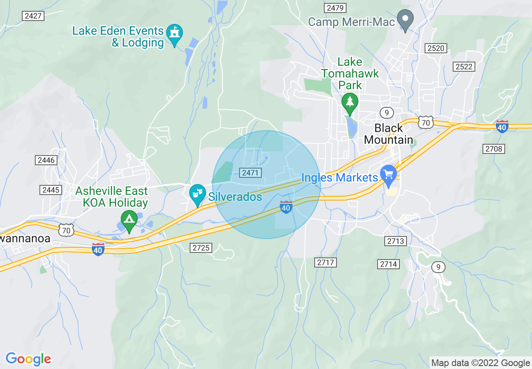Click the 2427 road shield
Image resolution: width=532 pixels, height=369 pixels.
[33, 16]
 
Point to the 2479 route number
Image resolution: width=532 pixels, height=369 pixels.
[334, 8]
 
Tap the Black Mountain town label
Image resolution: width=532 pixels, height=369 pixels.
[388, 134]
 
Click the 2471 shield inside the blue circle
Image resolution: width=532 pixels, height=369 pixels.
[250, 173]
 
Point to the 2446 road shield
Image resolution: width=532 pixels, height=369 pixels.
[46, 160]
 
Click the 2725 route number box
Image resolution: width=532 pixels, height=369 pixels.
[201, 248]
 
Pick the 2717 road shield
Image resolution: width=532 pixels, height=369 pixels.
[326, 262]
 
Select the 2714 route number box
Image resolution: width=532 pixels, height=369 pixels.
[389, 264]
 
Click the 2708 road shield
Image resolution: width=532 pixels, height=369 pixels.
[493, 148]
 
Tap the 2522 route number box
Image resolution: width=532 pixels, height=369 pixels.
[464, 67]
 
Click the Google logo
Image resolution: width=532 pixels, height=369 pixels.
[28, 359]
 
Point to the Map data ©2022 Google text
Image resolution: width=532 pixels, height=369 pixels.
[481, 363]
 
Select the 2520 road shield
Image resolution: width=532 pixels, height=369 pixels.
[436, 48]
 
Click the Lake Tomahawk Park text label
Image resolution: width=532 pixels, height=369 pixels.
[350, 73]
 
